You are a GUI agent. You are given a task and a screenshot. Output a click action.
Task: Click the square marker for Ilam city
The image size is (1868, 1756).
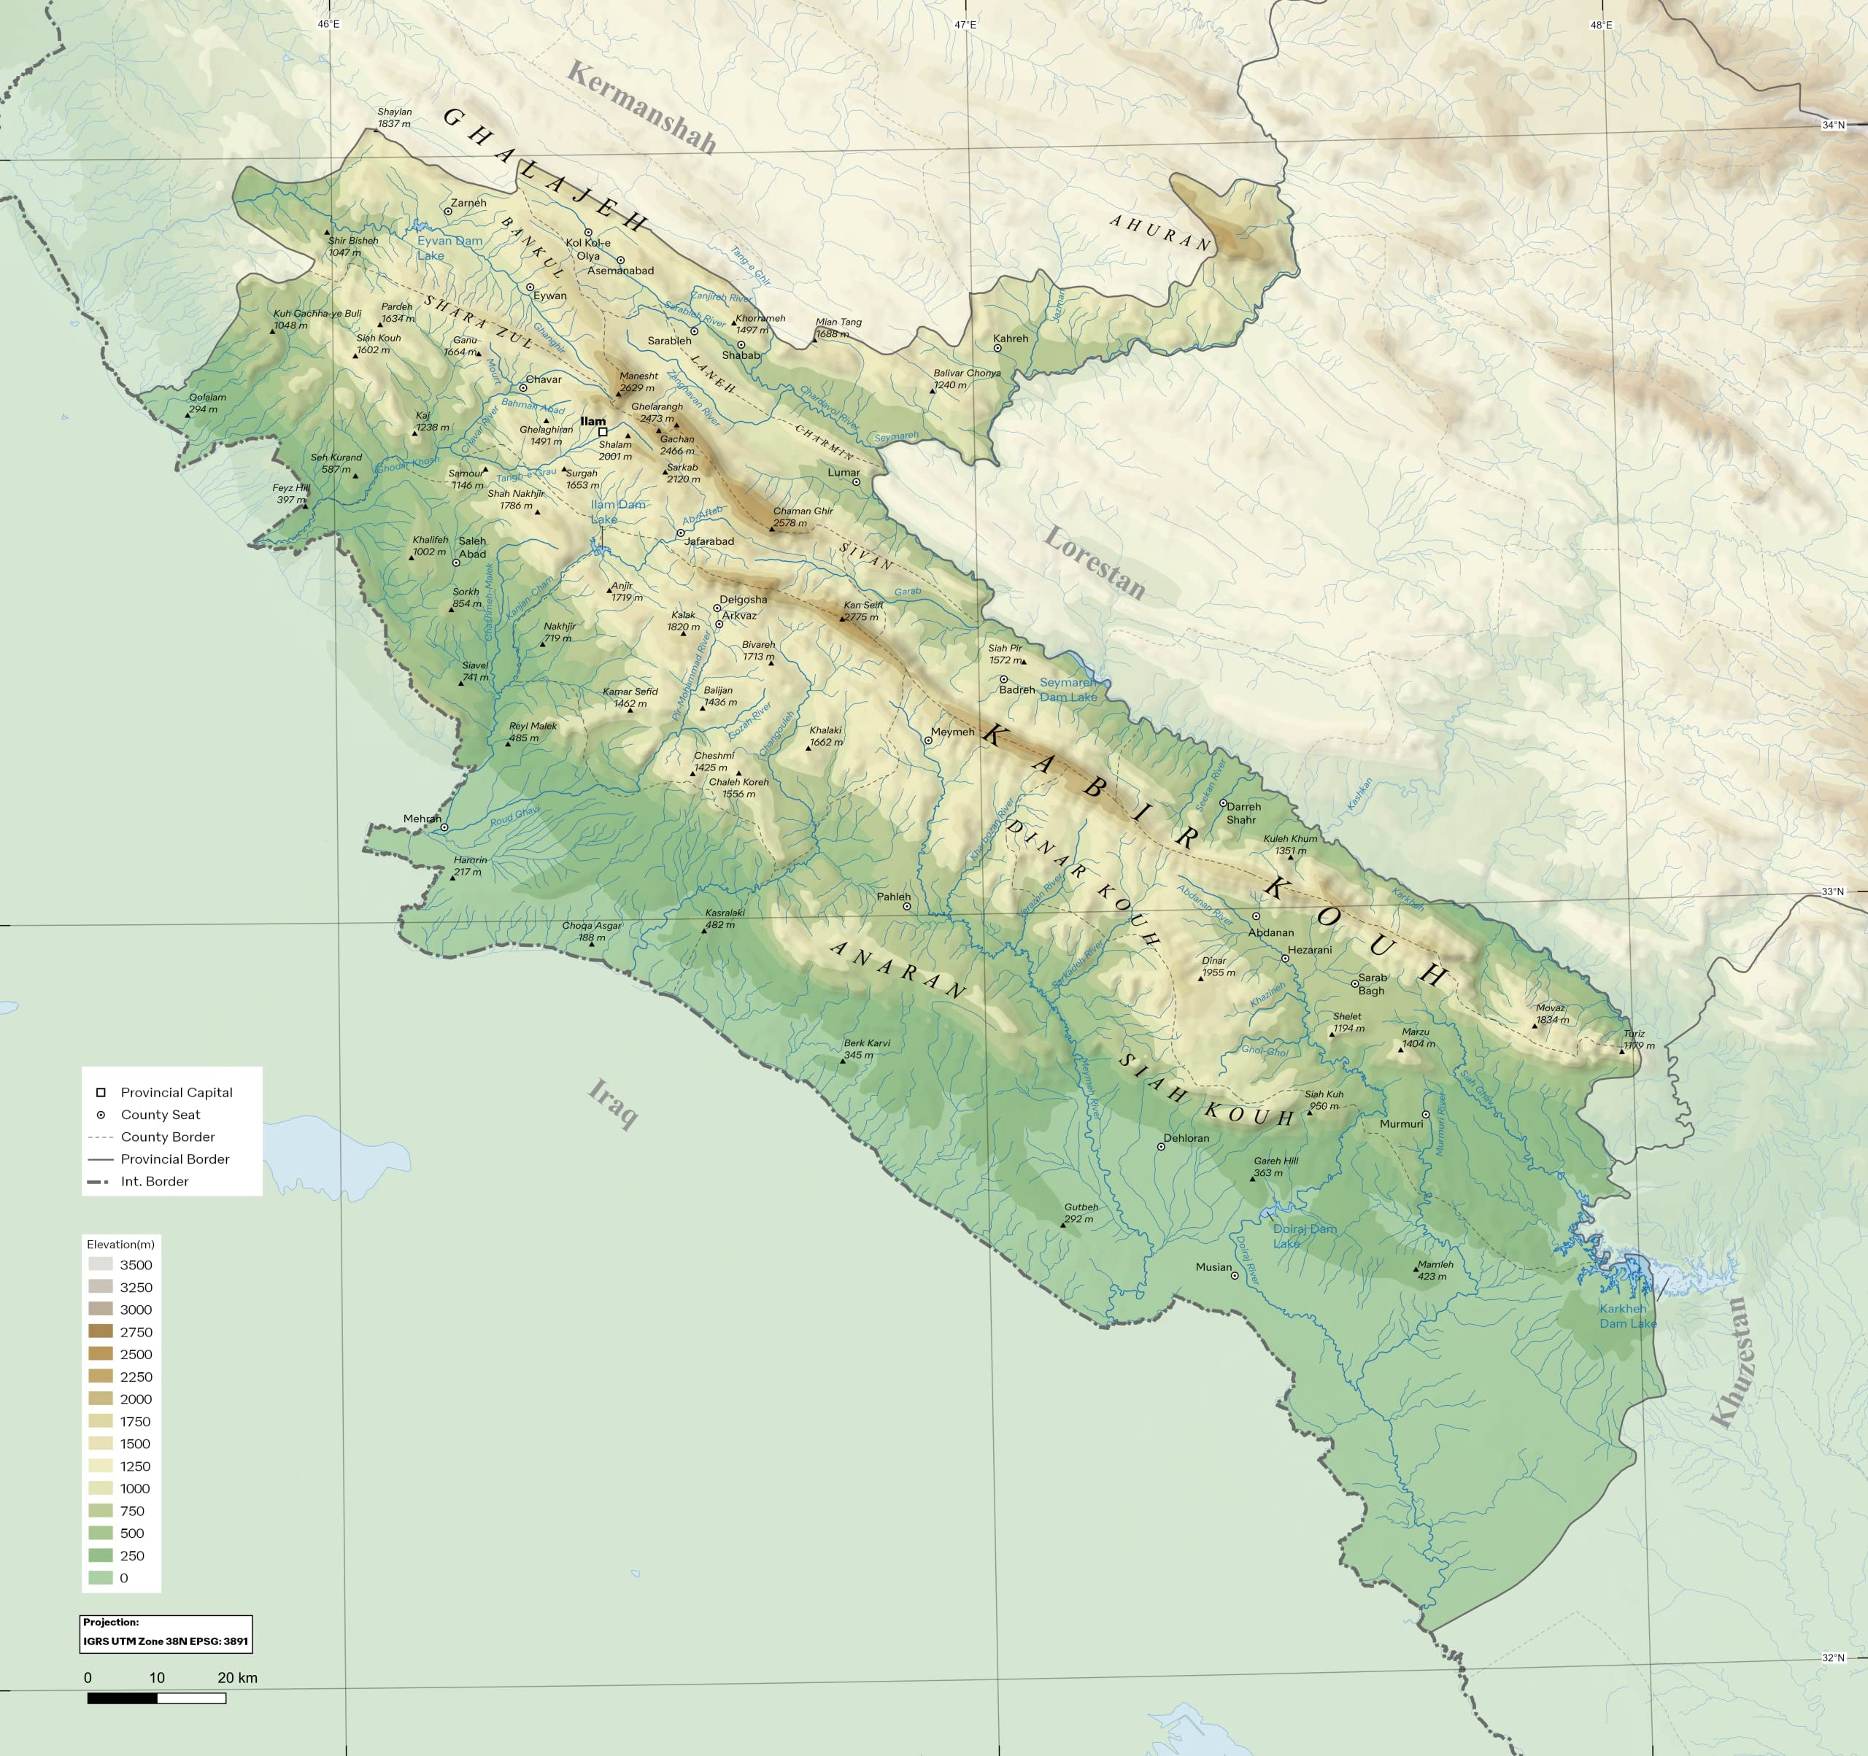(602, 432)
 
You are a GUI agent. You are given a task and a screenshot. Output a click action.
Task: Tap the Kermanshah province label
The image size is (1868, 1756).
(642, 107)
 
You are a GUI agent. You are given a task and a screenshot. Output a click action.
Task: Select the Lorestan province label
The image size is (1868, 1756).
(1095, 562)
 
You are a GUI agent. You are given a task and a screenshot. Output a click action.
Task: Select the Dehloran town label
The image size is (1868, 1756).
(1186, 1138)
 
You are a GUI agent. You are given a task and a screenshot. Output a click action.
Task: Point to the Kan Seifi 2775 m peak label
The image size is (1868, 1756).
(862, 611)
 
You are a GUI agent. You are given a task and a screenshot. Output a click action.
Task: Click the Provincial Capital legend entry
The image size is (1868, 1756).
(176, 1091)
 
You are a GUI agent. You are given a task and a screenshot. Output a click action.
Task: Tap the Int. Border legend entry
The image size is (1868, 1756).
(154, 1181)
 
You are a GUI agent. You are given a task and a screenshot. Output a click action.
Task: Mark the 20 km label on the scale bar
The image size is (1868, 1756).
(237, 1677)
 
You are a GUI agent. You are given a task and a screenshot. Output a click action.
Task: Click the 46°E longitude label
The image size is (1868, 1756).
(328, 23)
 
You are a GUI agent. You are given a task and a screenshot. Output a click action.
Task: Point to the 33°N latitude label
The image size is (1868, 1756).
(1832, 891)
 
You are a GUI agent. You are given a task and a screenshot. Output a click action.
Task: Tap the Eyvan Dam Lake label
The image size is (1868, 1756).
(449, 248)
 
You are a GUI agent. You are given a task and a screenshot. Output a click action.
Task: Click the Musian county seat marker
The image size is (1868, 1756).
(1235, 1276)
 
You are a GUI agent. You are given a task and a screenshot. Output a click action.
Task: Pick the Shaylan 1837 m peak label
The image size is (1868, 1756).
(395, 117)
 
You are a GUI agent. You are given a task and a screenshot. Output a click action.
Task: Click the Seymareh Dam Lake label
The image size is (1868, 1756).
(1068, 689)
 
